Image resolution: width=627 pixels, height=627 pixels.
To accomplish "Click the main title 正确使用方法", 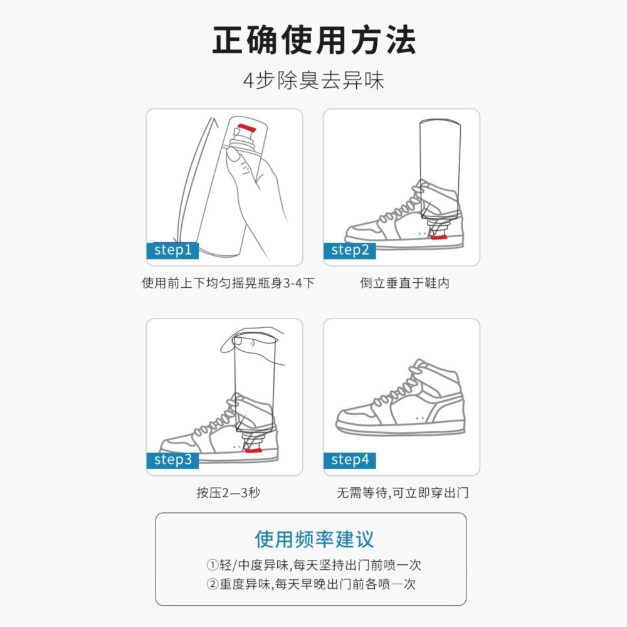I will (x=313, y=41).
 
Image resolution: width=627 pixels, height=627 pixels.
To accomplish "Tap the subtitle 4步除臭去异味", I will (x=313, y=81).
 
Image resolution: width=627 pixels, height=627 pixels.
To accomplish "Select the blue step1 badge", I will (x=172, y=250).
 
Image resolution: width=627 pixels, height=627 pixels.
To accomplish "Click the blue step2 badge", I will (x=349, y=250).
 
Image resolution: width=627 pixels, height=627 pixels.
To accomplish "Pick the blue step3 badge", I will (x=172, y=460).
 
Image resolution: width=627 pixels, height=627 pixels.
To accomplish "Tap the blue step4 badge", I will (x=349, y=460).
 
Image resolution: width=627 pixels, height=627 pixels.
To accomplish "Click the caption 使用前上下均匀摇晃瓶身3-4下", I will (x=228, y=283).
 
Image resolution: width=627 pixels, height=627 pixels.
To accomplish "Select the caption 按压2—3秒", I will (x=228, y=493).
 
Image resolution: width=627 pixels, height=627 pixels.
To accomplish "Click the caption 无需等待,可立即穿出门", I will (x=402, y=493).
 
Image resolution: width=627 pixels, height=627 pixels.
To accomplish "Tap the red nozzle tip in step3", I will (x=253, y=450).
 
